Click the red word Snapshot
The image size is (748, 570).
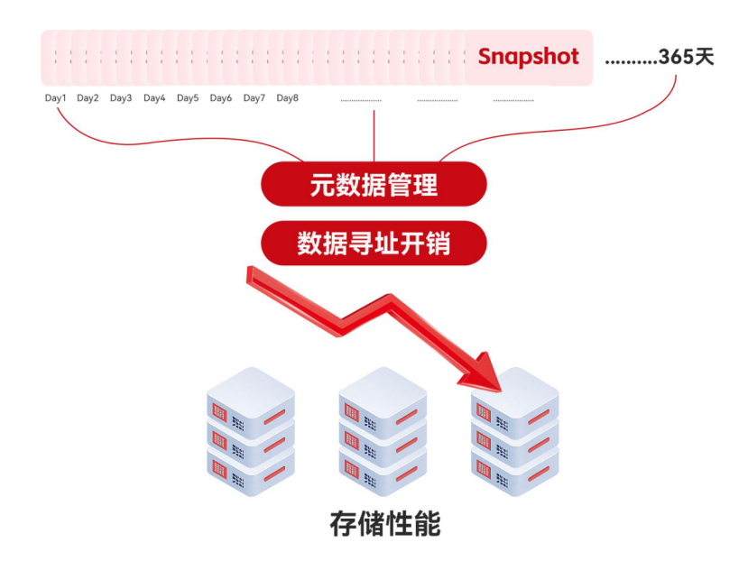point(528,57)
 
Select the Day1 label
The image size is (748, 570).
point(56,98)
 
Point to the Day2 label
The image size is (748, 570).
point(88,98)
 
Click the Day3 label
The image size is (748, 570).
point(121,98)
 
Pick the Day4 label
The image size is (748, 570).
point(154,98)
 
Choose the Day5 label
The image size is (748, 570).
point(188,98)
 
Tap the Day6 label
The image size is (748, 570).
point(221,98)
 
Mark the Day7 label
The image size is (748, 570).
point(254,98)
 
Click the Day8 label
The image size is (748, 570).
point(288,98)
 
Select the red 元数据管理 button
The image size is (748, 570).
point(374,185)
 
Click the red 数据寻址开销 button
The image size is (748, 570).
point(374,243)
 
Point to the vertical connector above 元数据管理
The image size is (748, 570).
point(374,135)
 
